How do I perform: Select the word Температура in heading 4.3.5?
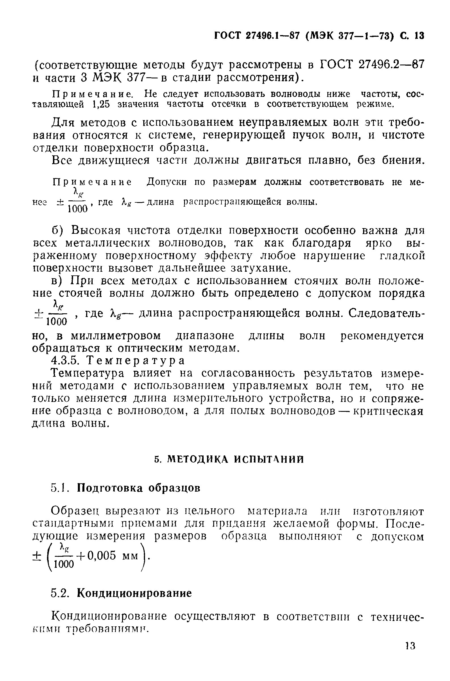[135, 360]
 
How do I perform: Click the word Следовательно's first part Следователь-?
[386, 313]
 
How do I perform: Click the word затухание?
[260, 268]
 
